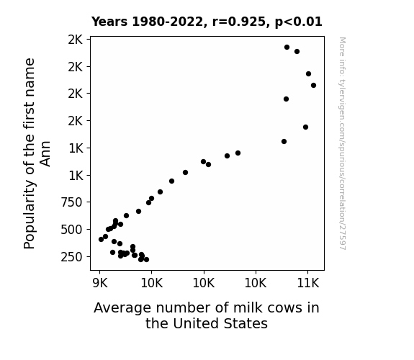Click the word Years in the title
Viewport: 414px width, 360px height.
pos(109,22)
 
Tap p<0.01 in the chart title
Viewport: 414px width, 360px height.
pos(299,22)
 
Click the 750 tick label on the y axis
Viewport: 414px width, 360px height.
pos(71,202)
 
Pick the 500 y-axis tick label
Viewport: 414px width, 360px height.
pos(71,230)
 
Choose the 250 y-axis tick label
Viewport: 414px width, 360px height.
pos(71,257)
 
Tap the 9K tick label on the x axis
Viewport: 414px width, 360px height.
pos(100,283)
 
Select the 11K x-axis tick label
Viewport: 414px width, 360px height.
pos(308,283)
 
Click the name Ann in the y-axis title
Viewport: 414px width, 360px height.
pos(45,153)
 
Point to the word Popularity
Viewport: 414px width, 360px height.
pos(29,215)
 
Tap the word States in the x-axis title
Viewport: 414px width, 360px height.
pos(246,323)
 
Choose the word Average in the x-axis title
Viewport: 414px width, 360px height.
pos(122,308)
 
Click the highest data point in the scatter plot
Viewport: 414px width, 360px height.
pos(287,48)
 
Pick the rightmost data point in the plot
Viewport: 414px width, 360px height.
pos(313,85)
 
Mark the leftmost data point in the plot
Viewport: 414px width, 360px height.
pos(101,240)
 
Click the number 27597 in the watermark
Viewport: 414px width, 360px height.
pos(342,238)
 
